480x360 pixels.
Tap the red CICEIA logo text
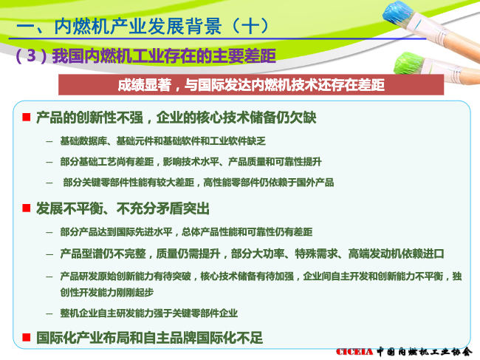point(354,352)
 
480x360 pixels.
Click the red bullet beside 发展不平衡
point(27,208)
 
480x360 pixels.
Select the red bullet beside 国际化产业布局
point(27,338)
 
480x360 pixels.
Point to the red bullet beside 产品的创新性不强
point(27,117)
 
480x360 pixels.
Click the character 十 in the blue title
point(250,26)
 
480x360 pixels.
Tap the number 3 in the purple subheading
point(32,55)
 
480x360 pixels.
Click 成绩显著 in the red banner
point(144,85)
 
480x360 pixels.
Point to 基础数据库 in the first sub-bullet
point(83,141)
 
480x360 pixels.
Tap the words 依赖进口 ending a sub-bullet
point(422,254)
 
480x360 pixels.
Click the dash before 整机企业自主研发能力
point(49,313)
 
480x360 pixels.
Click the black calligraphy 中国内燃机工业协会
point(425,352)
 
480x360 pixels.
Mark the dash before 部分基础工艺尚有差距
point(49,162)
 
